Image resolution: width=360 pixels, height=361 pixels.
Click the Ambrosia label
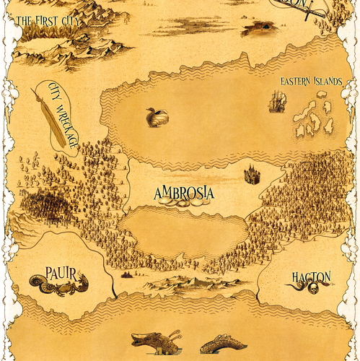(x=184, y=193)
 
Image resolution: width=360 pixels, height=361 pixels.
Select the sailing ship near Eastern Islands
(x=276, y=103)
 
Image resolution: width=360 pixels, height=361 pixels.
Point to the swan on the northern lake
(x=156, y=116)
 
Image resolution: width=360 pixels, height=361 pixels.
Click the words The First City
(x=48, y=20)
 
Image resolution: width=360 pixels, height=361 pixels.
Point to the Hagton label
(x=311, y=277)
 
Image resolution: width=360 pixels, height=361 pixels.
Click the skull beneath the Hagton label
(x=315, y=289)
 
